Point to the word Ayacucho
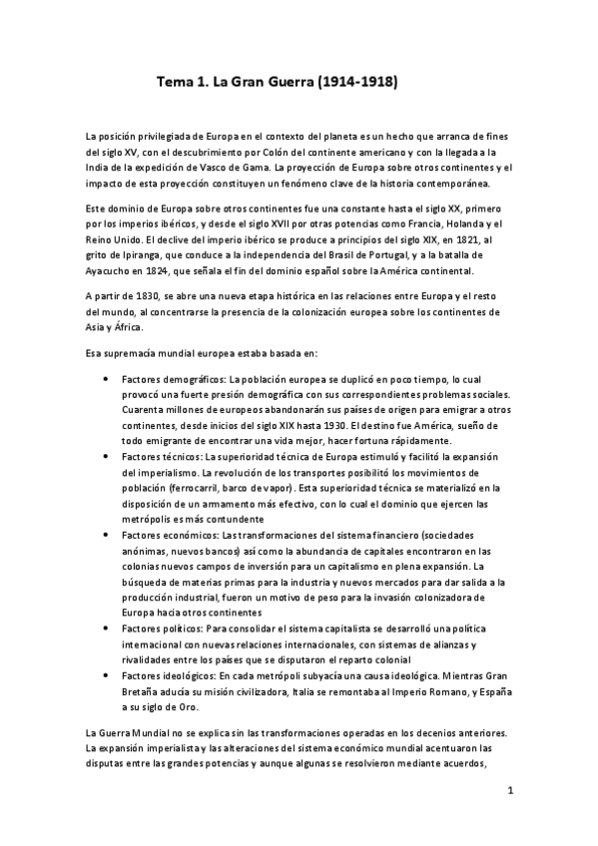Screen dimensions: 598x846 (113, 271)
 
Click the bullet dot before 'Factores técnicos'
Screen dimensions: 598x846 (135, 456)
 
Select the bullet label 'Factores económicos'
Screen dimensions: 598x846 (171, 534)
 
